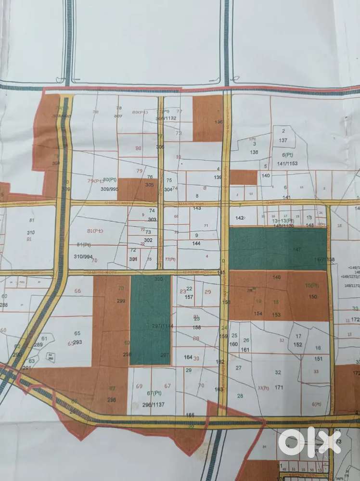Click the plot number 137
[283, 140]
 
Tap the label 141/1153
[288, 164]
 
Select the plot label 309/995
[109, 189]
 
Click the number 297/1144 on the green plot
[151, 326]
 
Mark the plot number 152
[298, 344]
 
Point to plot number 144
[196, 243]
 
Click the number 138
[254, 152]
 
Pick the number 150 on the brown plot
[313, 297]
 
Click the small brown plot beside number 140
[244, 177]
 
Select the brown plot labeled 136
[207, 118]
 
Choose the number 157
[189, 297]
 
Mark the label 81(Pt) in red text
[95, 231]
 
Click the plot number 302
[148, 240]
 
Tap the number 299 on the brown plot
[121, 301]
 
